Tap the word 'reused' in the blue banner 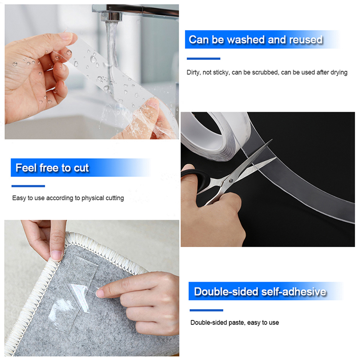[306, 40]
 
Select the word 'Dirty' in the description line [193, 72]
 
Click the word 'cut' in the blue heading [81, 168]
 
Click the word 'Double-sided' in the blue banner [226, 292]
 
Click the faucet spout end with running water [111, 17]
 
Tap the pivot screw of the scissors [231, 181]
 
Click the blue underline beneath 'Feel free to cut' [28, 186]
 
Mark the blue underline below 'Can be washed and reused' [203, 58]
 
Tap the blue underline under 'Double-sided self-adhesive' [207, 310]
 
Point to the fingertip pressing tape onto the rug [100, 293]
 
